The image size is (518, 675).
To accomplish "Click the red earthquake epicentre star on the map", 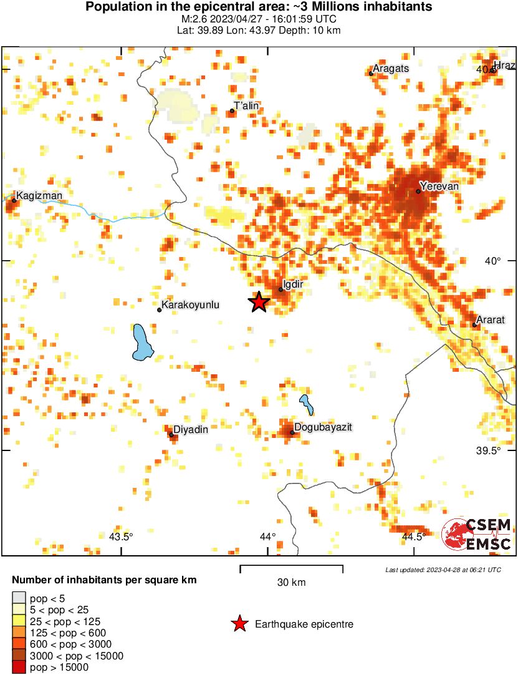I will point(259,302).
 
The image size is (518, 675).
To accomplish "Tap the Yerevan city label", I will point(439,186).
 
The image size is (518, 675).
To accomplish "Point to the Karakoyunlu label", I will point(190,306).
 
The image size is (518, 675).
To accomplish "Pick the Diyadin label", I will point(190,429).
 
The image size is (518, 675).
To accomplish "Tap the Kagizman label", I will point(39,196).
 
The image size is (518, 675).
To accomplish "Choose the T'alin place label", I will point(246,106).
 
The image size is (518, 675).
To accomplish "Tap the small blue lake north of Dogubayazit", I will point(306,404).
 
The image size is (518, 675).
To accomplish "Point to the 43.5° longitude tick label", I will point(122,537).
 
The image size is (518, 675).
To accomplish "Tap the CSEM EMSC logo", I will point(477,535).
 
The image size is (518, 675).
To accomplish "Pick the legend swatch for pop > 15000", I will point(19,668).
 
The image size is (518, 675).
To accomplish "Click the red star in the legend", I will point(239,624).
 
